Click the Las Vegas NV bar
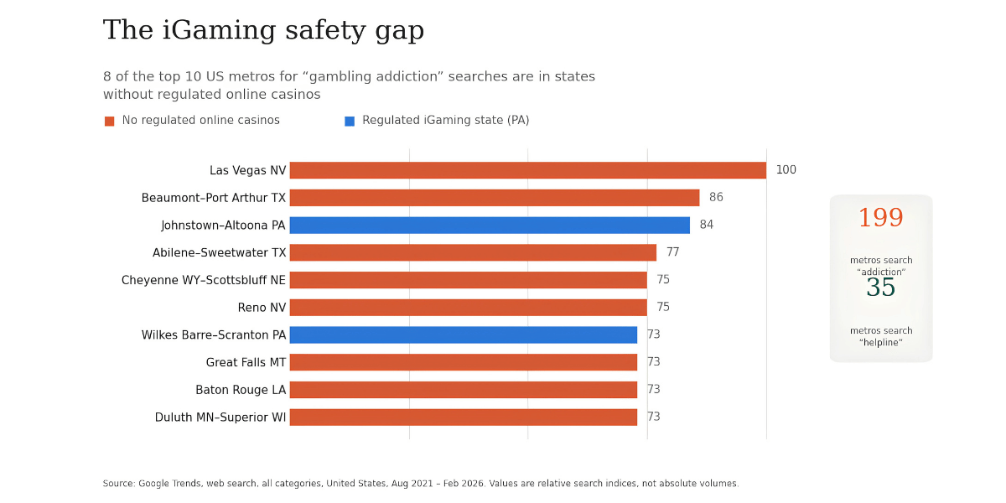(527, 171)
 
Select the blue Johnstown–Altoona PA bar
(490, 226)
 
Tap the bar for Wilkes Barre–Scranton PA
(464, 335)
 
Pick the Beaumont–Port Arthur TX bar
(495, 198)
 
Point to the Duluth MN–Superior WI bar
(464, 417)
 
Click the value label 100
(786, 169)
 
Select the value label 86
(716, 197)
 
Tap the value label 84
(707, 225)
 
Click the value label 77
(672, 252)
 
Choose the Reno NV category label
(262, 308)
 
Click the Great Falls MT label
(246, 362)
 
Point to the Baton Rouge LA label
(241, 390)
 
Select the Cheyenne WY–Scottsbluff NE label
(204, 280)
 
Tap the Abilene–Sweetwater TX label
(219, 253)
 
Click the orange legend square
(109, 122)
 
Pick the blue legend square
(350, 122)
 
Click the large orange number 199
(881, 218)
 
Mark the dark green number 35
(881, 288)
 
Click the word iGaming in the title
(218, 30)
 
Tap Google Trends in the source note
(169, 484)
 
